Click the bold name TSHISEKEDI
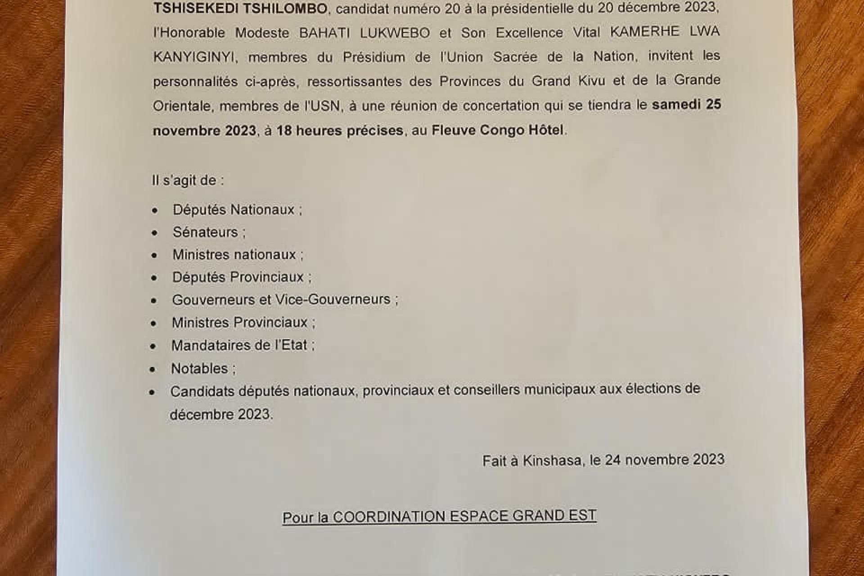point(195,9)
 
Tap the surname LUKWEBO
point(395,33)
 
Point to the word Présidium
point(374,57)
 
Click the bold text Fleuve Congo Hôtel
point(497,130)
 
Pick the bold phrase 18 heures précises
point(340,131)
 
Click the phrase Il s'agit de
point(188,181)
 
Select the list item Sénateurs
point(205,232)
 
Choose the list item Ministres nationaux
point(234,255)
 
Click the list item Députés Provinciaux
point(238,277)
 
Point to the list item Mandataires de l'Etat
point(239,345)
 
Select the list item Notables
point(199,369)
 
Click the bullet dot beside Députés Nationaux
point(155,210)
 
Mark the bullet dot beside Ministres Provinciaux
point(154,323)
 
